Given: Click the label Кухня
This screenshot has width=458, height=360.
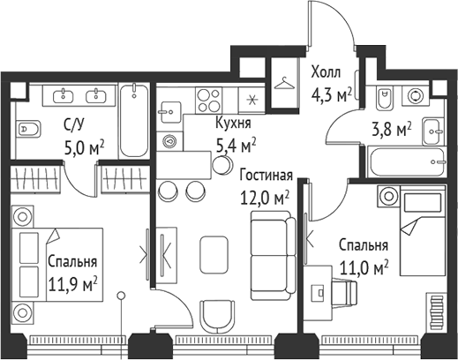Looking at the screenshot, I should (x=235, y=123).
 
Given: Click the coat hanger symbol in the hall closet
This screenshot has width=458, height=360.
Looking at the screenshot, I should (x=285, y=84).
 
